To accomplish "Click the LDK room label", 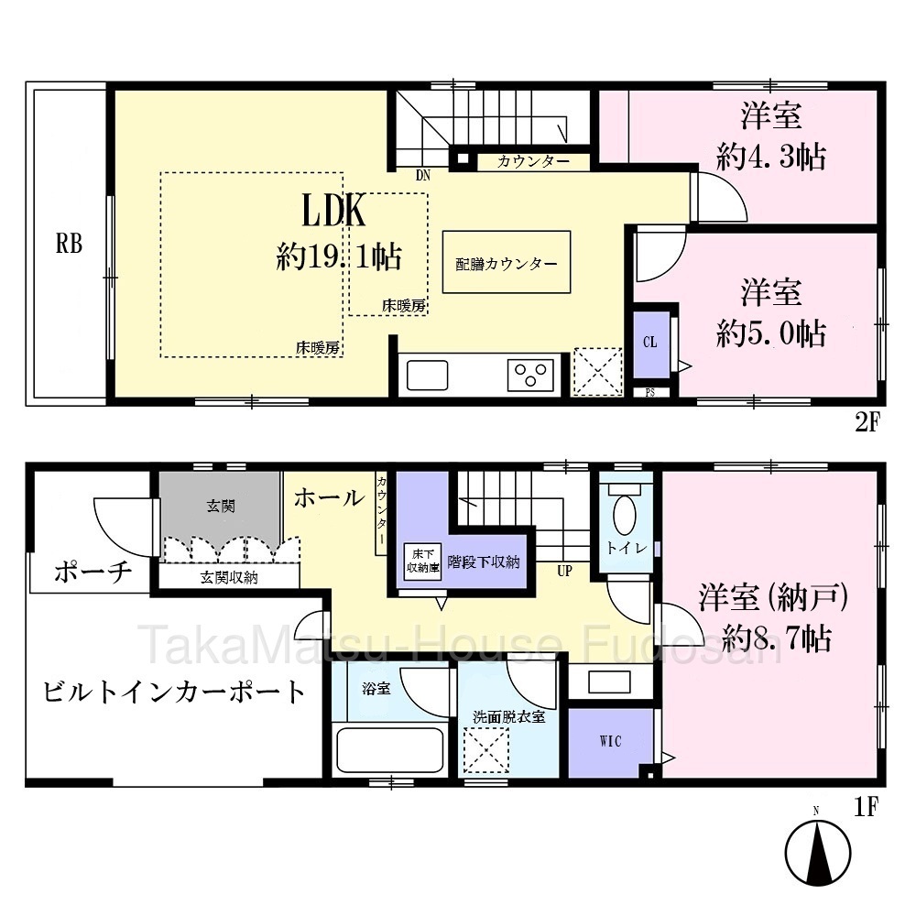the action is tap(333, 211).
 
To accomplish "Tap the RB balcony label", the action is tap(69, 244).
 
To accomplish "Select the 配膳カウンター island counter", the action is tap(507, 262).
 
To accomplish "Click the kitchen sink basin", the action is tap(427, 375).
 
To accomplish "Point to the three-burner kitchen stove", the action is tap(530, 375).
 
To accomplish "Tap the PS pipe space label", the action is tap(649, 393).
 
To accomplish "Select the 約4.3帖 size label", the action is tap(771, 158).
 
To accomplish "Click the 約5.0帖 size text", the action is tap(771, 333).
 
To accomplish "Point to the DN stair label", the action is tap(423, 175).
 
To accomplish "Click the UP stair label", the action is tap(564, 571).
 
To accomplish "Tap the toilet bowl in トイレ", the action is tap(625, 515).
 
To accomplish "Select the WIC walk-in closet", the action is tap(610, 742).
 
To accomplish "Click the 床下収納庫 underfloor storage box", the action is tap(423, 562).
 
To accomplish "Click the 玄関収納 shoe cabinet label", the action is tap(229, 578).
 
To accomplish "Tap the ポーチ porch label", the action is tap(93, 572).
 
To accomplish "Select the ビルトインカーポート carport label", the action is tap(173, 692).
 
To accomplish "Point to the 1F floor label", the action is tap(867, 807).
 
